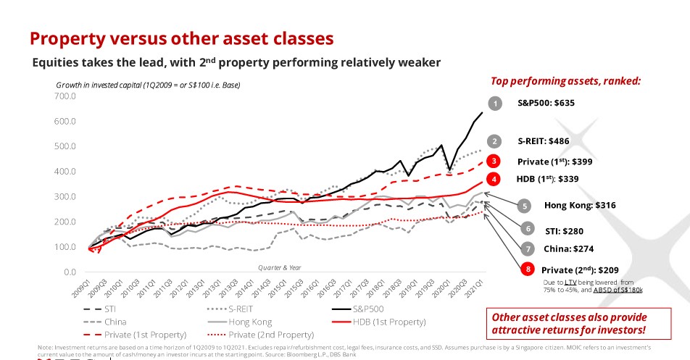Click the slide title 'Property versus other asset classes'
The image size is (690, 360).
point(180,38)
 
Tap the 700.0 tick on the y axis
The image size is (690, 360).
point(43,96)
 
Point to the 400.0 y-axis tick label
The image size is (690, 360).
point(43,171)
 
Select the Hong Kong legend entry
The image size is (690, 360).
point(249,321)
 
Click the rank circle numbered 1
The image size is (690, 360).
point(495,103)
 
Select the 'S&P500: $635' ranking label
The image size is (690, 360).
point(546,103)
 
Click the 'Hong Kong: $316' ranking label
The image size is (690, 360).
point(579,205)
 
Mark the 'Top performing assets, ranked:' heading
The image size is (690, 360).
point(565,81)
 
